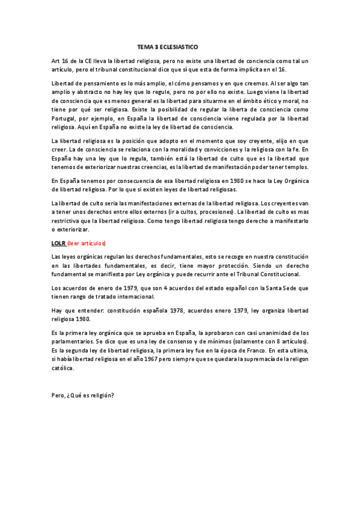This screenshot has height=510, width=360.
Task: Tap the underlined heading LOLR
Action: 58,243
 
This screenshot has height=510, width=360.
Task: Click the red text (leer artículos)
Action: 87,243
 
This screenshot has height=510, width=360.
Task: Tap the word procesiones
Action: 215,213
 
